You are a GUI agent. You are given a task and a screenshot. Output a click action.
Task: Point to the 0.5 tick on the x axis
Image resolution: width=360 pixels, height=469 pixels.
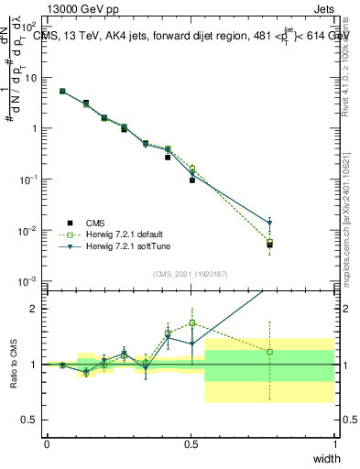[191, 444]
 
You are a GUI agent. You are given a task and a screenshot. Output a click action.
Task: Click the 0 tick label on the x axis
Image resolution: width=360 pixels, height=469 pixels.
[47, 444]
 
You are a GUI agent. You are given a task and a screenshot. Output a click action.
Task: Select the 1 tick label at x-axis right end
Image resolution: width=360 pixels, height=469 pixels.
[334, 444]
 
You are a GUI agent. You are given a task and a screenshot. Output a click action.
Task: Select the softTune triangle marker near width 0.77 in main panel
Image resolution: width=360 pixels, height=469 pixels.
[269, 224]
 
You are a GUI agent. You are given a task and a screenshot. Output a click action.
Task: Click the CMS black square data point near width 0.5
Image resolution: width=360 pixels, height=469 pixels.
[192, 180]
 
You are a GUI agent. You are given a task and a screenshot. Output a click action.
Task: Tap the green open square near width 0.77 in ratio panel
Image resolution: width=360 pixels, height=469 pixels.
[269, 352]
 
